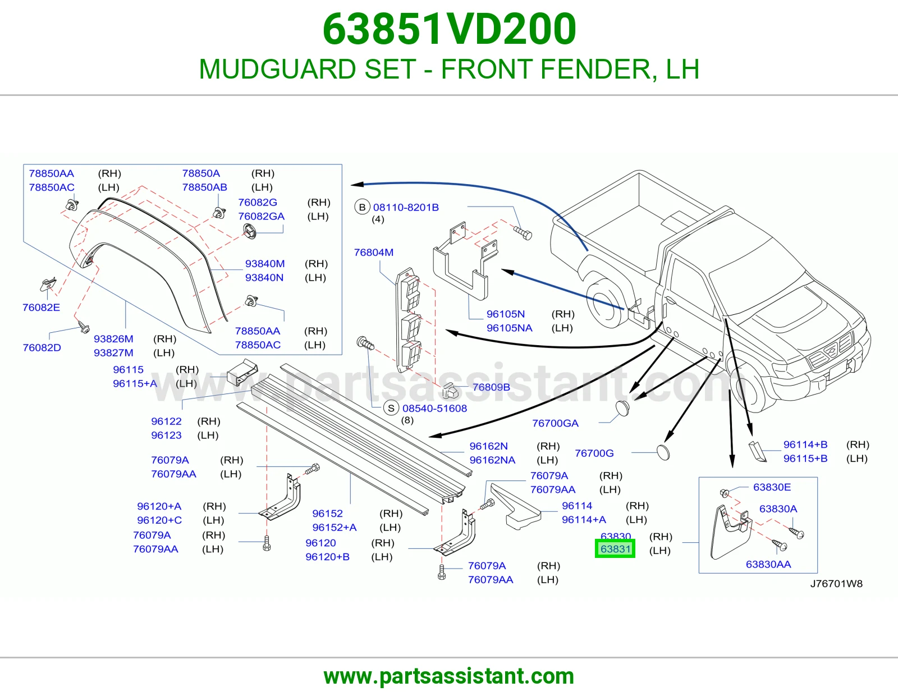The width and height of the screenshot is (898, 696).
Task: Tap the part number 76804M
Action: click(374, 252)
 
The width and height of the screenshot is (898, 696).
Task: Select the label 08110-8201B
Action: click(406, 207)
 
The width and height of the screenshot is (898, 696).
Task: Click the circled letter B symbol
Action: click(362, 207)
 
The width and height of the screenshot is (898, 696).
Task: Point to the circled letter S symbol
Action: click(391, 408)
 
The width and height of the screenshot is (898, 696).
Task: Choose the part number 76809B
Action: click(491, 387)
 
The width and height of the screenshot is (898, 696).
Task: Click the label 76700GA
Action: click(555, 423)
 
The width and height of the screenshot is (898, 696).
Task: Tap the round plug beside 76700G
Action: click(663, 452)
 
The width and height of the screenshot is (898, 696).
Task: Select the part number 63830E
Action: click(772, 487)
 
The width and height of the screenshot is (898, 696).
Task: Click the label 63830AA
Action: click(768, 564)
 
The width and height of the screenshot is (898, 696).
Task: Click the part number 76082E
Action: click(41, 307)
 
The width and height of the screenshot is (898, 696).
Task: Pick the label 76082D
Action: click(42, 347)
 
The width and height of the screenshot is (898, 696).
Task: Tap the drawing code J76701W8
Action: click(836, 584)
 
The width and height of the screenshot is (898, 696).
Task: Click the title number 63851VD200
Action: click(449, 29)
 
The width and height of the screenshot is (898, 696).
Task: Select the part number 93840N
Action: click(264, 277)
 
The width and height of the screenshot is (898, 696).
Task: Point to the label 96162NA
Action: click(492, 460)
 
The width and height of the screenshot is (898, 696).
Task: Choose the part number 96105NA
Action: click(509, 328)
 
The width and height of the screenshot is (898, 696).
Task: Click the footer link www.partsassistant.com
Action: click(449, 676)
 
